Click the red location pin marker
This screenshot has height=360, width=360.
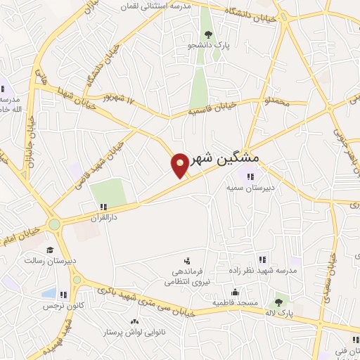tap(181, 165)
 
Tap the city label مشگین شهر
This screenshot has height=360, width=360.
tap(226, 158)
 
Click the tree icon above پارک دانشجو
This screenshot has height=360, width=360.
tap(207, 33)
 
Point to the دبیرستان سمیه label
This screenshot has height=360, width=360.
tap(249, 188)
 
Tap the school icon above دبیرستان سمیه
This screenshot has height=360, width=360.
tap(250, 176)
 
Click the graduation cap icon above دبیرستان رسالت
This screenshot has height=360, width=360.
tap(49, 250)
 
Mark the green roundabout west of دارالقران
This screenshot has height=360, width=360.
tap(54, 225)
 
